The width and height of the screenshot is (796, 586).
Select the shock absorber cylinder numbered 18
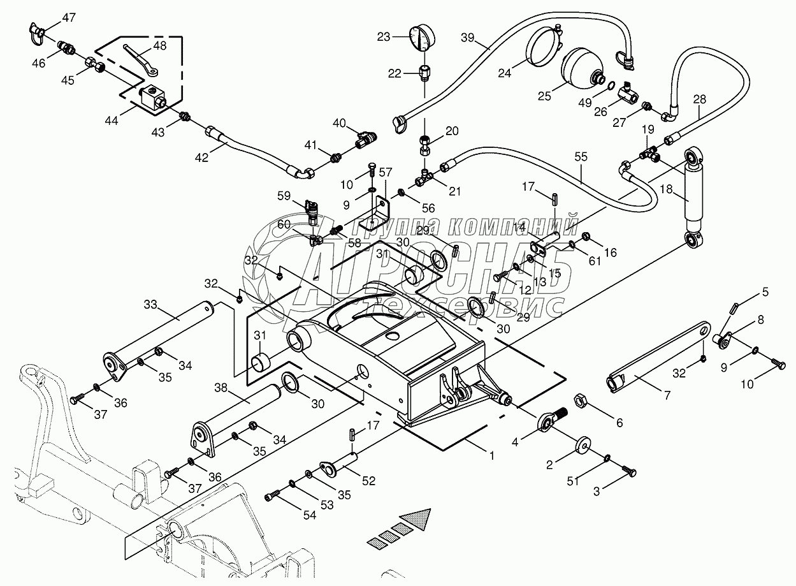693,196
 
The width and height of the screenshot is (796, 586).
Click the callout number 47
69,17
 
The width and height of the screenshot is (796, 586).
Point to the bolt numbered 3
628,471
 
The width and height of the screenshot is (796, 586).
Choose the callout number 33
150,304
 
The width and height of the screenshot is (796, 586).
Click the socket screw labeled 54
273,495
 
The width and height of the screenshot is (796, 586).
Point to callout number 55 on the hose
581,156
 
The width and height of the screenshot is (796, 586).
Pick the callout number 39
468,38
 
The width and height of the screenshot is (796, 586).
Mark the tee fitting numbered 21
424,177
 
